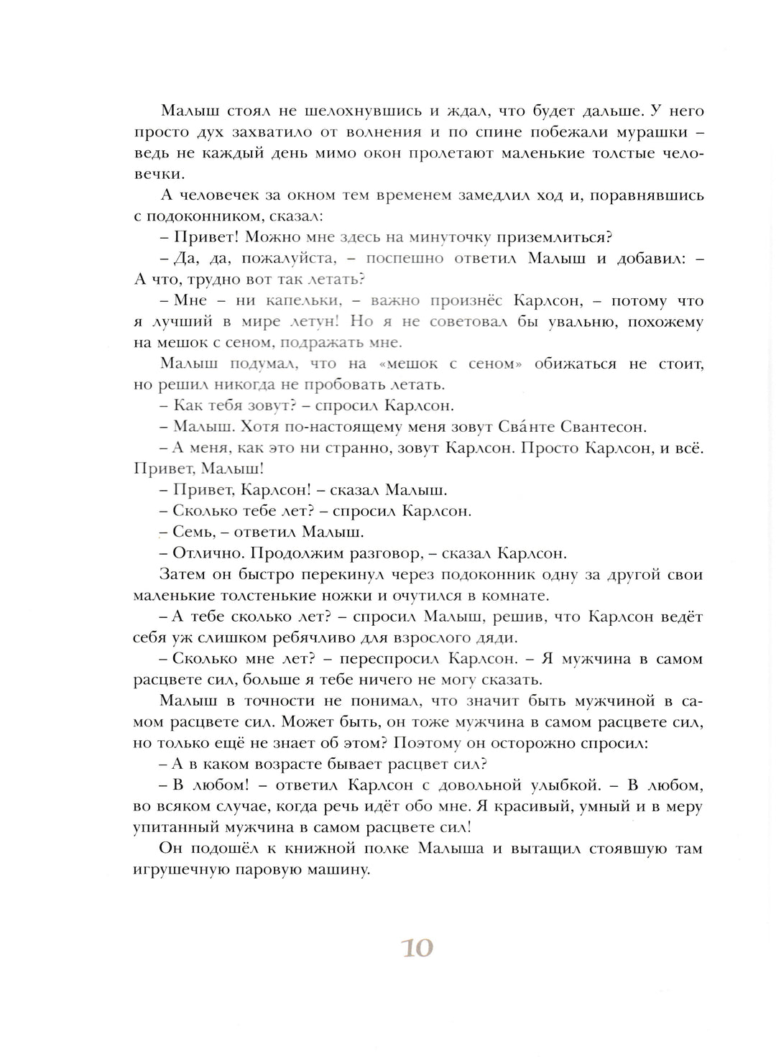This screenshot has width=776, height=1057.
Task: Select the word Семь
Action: tap(192, 532)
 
